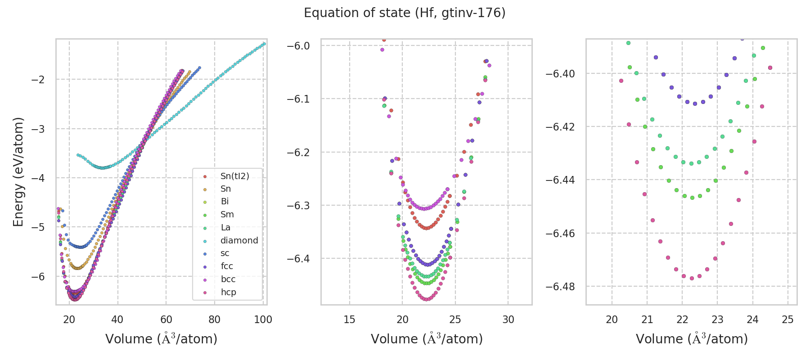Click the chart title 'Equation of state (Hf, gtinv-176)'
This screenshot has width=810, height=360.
pos(405,13)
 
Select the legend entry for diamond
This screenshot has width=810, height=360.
pos(239,240)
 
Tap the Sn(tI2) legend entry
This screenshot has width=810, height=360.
pos(234,176)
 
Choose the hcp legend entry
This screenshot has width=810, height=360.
pos(228,292)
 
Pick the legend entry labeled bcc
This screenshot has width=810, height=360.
pos(228,279)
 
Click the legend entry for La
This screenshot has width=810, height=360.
pos(225,227)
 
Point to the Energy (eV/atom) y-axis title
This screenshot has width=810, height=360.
pos(18,171)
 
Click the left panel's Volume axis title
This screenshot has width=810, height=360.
pos(161,339)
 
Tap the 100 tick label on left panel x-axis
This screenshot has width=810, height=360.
pos(263,319)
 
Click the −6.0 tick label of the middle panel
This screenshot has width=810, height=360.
pos(298,45)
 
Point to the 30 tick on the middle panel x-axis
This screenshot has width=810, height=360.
pos(508,319)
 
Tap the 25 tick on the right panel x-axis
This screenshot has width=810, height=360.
pos(787,319)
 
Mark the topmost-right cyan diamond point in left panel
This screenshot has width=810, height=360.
pos(264,44)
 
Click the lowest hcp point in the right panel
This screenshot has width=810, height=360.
pos(692,278)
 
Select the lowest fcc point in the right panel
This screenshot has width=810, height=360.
pos(695,103)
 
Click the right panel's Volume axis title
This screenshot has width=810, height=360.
pos(692,339)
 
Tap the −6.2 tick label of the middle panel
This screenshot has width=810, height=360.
pos(298,152)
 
